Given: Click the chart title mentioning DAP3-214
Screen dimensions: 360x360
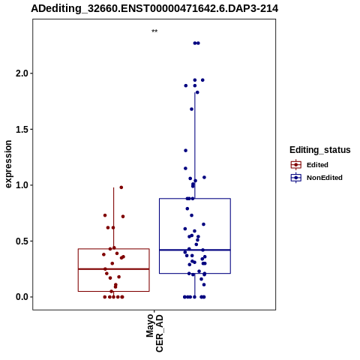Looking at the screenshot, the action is click(154, 8).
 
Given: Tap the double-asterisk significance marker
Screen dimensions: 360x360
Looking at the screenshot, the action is click(154, 31).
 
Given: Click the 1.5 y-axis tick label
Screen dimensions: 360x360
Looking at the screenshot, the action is click(21, 129).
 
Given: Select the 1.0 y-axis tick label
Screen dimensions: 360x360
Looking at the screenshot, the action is click(21, 185).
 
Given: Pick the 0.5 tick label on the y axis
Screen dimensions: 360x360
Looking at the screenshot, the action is click(21, 241).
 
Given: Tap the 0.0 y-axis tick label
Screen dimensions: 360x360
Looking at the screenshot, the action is click(21, 297).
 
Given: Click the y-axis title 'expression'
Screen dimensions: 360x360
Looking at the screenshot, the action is click(8, 164).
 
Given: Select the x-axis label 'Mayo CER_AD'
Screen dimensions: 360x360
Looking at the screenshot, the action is click(154, 333).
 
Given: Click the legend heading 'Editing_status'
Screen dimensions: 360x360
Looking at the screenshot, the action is click(320, 150).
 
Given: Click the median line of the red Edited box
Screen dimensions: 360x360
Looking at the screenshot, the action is click(114, 269).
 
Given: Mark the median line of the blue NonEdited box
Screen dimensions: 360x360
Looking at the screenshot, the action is click(195, 250).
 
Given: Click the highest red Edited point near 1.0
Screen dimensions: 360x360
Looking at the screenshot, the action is click(121, 187).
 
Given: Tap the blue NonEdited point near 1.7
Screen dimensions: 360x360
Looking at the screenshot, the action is click(191, 109).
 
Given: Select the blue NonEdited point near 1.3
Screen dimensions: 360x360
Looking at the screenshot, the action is click(186, 151).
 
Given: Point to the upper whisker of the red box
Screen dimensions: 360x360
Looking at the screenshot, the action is click(114, 218).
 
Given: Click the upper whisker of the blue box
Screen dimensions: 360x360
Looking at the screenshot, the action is click(195, 145).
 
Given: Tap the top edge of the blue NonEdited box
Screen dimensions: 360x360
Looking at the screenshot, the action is click(195, 199).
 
